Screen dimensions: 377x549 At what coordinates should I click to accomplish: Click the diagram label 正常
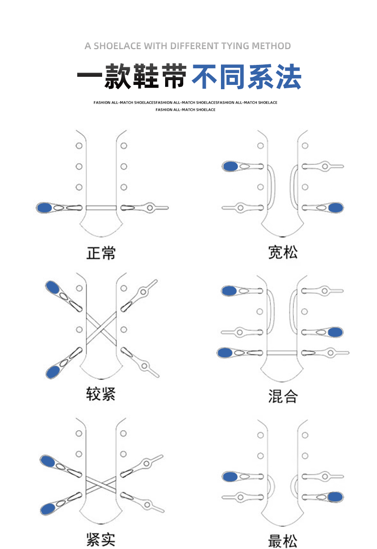[101, 253]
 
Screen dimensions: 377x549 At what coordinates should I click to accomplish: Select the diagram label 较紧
[101, 394]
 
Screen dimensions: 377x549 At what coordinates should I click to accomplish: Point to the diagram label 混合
[283, 396]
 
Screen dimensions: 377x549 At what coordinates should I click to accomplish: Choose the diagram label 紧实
[101, 539]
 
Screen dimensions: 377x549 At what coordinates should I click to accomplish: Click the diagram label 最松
[283, 541]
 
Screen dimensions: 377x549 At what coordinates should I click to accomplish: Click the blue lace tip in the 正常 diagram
[45, 207]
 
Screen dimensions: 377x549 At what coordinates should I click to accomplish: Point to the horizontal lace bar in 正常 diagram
[101, 207]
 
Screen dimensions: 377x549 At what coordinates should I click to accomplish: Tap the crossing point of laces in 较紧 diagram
[101, 330]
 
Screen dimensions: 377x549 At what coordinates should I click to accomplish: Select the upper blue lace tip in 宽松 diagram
[230, 166]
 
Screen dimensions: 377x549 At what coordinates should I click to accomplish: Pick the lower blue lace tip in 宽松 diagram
[335, 207]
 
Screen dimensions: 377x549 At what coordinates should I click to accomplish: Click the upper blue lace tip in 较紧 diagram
[52, 288]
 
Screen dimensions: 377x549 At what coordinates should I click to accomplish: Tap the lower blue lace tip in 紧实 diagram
[47, 509]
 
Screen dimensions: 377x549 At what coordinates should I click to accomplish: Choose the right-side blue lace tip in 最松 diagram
[335, 497]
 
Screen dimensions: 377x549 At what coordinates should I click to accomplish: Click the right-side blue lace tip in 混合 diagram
[335, 332]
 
